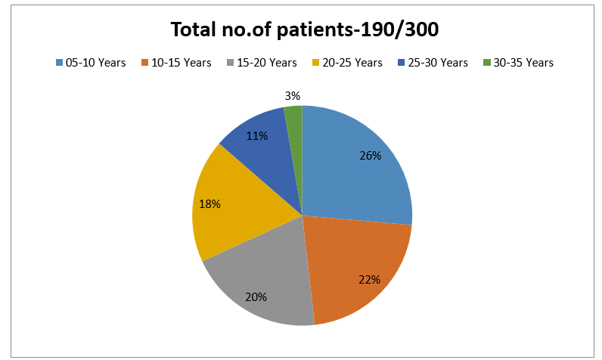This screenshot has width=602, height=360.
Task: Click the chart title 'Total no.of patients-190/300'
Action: click(305, 29)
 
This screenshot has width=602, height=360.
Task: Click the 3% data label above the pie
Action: click(293, 96)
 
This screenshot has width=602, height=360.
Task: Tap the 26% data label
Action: click(371, 156)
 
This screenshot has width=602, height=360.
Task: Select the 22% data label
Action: click(370, 280)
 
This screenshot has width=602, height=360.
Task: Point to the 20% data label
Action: click(256, 297)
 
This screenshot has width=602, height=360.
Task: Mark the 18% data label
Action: click(209, 203)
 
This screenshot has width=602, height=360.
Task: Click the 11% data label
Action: click(257, 136)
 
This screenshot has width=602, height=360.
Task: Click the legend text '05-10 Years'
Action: click(95, 63)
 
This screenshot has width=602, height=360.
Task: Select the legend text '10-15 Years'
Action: click(182, 63)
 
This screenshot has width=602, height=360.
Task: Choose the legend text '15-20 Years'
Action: click(267, 63)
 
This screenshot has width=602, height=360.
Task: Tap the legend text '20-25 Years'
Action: click(352, 63)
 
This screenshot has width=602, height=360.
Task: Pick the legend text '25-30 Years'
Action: click(438, 63)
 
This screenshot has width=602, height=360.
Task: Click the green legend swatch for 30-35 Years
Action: click(487, 62)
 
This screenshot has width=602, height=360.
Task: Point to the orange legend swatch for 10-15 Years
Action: click(144, 62)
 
